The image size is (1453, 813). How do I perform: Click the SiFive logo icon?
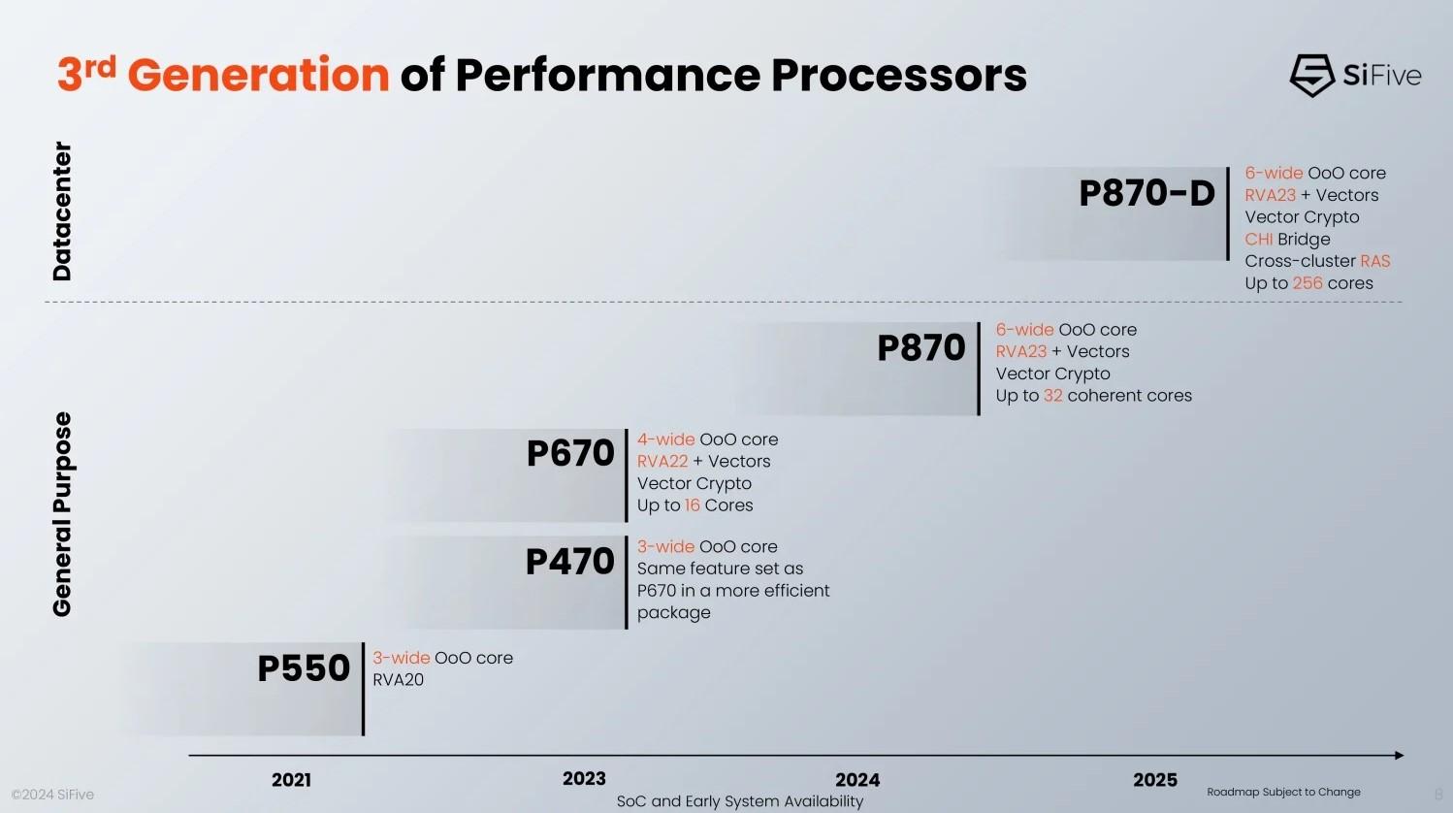1311,75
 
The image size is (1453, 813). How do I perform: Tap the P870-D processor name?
1146,193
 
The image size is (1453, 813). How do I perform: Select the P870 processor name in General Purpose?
920,347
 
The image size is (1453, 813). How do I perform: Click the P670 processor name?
570,453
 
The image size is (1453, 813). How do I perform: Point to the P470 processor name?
569,561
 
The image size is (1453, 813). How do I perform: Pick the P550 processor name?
303,667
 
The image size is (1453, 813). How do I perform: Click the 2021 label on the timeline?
291,780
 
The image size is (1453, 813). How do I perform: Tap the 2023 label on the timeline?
584,779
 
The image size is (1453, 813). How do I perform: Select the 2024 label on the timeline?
857,780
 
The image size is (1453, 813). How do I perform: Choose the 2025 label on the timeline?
1155,780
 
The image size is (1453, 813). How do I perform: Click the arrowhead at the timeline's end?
1399,755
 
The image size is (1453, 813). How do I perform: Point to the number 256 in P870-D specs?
1308,283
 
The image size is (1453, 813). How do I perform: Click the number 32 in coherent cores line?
1052,396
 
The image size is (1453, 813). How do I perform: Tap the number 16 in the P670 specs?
692,505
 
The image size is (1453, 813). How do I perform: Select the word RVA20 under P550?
399,680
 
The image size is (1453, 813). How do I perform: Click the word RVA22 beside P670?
662,462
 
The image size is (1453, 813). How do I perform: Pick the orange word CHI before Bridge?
1258,240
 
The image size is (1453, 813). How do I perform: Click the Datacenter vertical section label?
62,211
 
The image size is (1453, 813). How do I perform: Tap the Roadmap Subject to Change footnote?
1283,792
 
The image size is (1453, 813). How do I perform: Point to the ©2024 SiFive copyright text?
52,795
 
